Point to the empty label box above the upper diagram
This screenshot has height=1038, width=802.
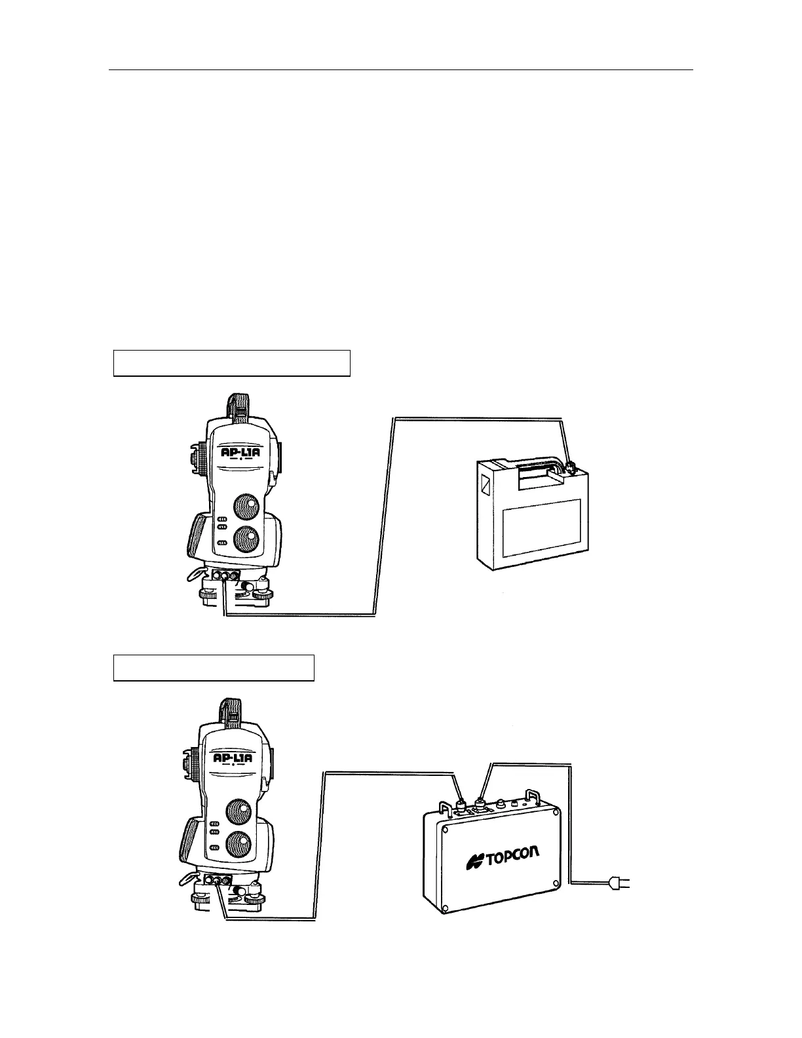(232, 363)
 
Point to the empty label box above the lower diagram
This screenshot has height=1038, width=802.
(214, 667)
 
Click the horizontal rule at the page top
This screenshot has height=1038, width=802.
(400, 69)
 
